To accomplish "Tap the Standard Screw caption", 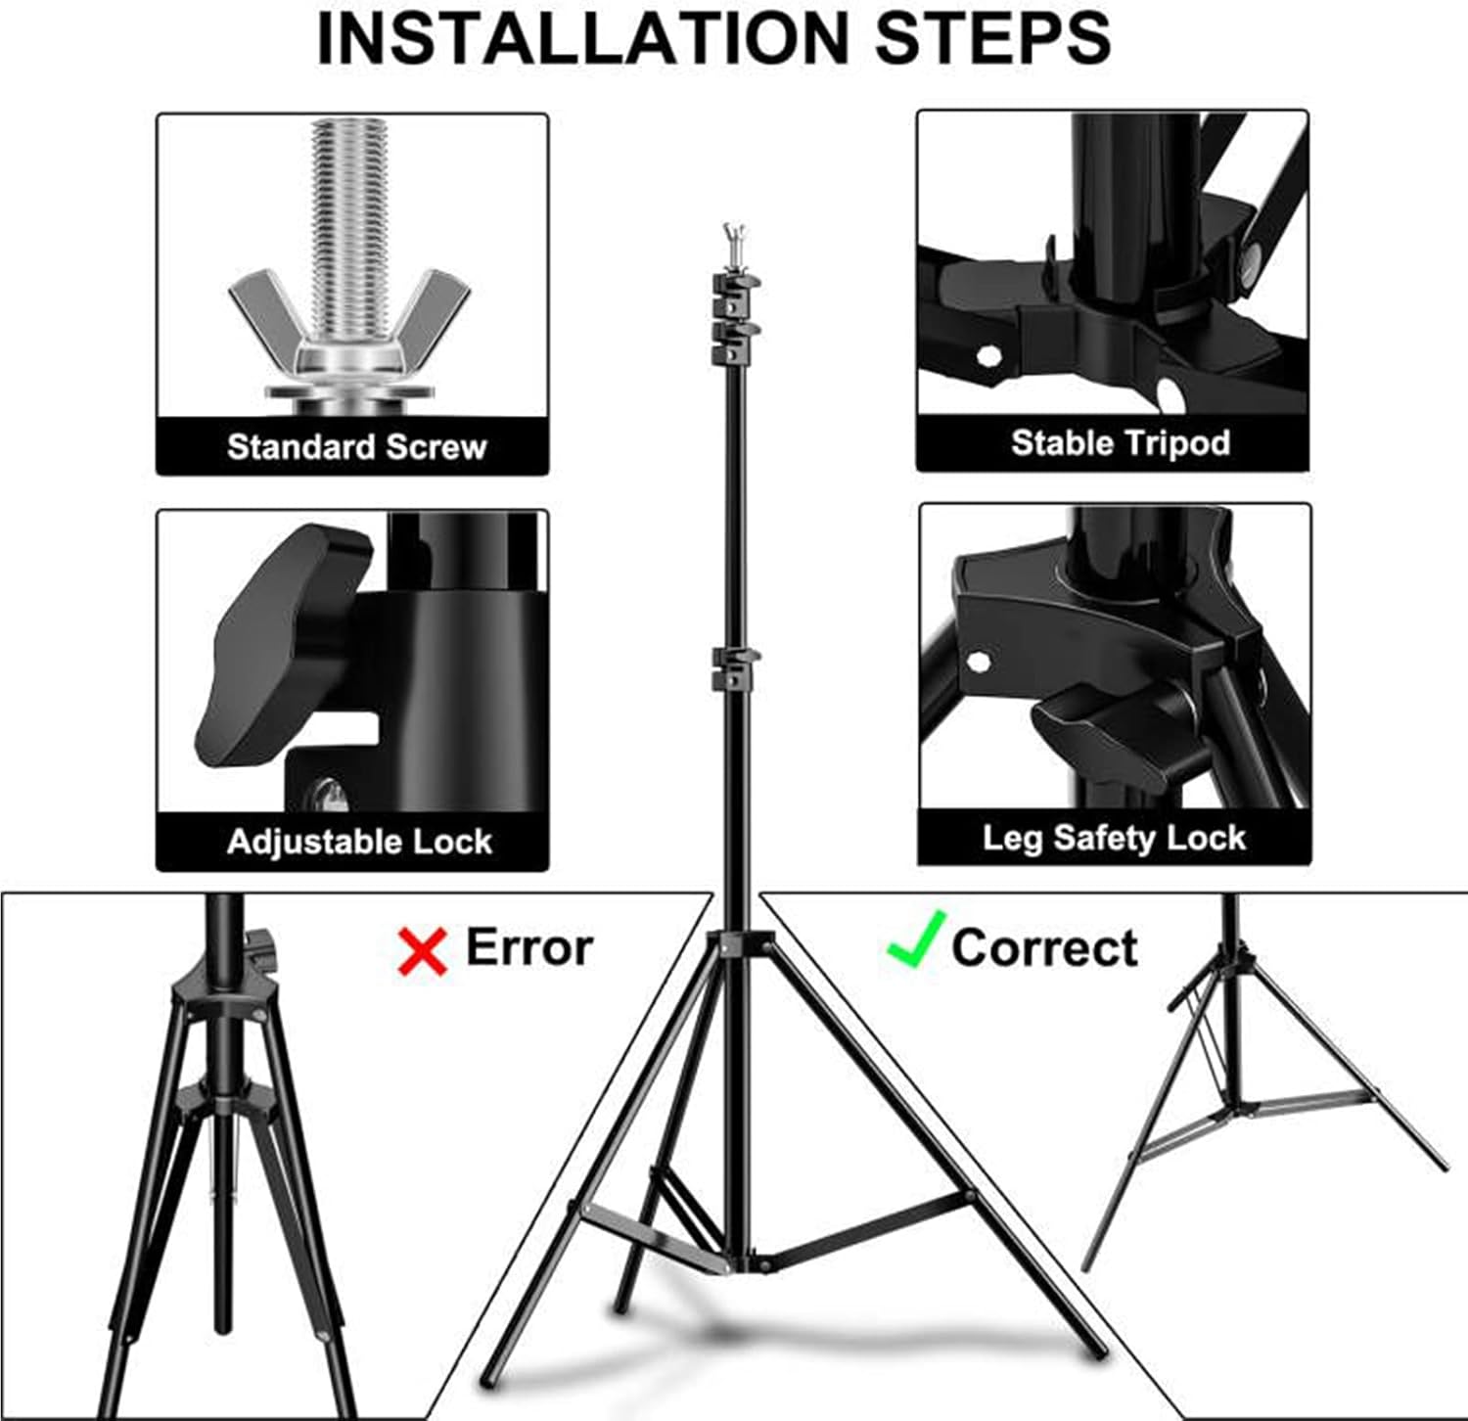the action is click(x=356, y=447).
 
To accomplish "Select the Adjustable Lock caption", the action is click(x=359, y=842).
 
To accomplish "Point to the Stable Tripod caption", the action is click(x=1121, y=443).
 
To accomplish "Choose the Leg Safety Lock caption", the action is click(x=1114, y=839).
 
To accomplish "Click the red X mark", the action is click(x=422, y=951).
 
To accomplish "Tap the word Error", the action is click(x=528, y=947).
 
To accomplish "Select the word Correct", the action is click(x=1044, y=947).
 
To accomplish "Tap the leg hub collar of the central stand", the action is click(x=739, y=944).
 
